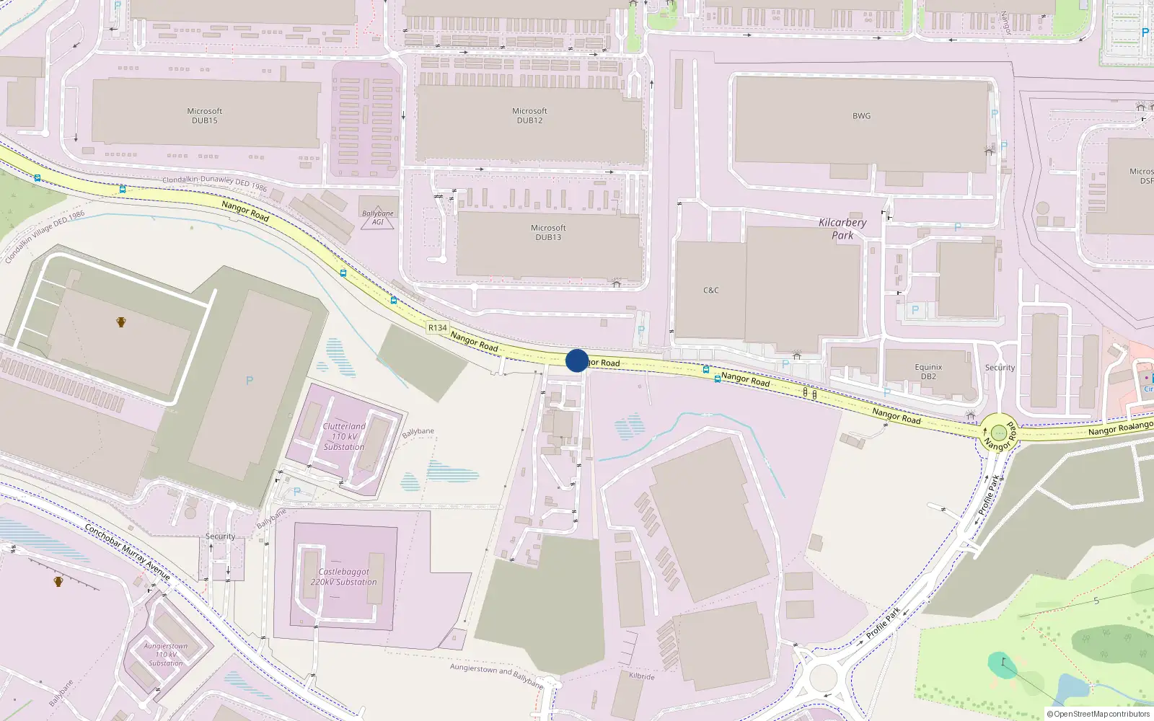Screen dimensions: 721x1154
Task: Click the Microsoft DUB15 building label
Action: pyautogui.click(x=204, y=116)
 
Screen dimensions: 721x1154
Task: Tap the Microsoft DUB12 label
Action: pyautogui.click(x=529, y=116)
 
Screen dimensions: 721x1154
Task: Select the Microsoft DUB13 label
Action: pyautogui.click(x=548, y=232)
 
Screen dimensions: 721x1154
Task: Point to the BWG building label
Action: pyautogui.click(x=861, y=116)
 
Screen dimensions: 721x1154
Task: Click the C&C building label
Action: pyautogui.click(x=710, y=291)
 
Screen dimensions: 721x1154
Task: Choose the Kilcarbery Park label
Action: pyautogui.click(x=842, y=229)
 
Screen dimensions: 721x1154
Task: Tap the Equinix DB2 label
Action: pyautogui.click(x=928, y=371)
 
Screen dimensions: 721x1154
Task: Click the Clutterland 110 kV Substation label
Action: pyautogui.click(x=344, y=436)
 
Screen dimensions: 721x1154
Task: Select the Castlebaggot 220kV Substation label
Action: pyautogui.click(x=343, y=577)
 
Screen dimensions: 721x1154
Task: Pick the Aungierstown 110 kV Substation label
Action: pyautogui.click(x=165, y=655)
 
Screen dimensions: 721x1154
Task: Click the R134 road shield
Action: pyautogui.click(x=437, y=327)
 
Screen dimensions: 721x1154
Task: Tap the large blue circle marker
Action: pyautogui.click(x=577, y=360)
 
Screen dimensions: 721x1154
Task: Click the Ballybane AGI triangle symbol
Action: pyautogui.click(x=378, y=217)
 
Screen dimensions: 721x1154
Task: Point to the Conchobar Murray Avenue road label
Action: pyautogui.click(x=128, y=552)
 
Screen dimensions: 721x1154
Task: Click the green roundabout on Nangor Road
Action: pyautogui.click(x=999, y=433)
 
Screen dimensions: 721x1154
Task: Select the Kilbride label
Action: pyautogui.click(x=642, y=676)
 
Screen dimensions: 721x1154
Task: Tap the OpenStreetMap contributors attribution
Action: pyautogui.click(x=1098, y=715)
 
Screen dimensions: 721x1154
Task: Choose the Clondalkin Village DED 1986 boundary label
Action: pyautogui.click(x=45, y=237)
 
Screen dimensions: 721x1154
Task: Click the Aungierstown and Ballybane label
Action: pyautogui.click(x=496, y=676)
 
